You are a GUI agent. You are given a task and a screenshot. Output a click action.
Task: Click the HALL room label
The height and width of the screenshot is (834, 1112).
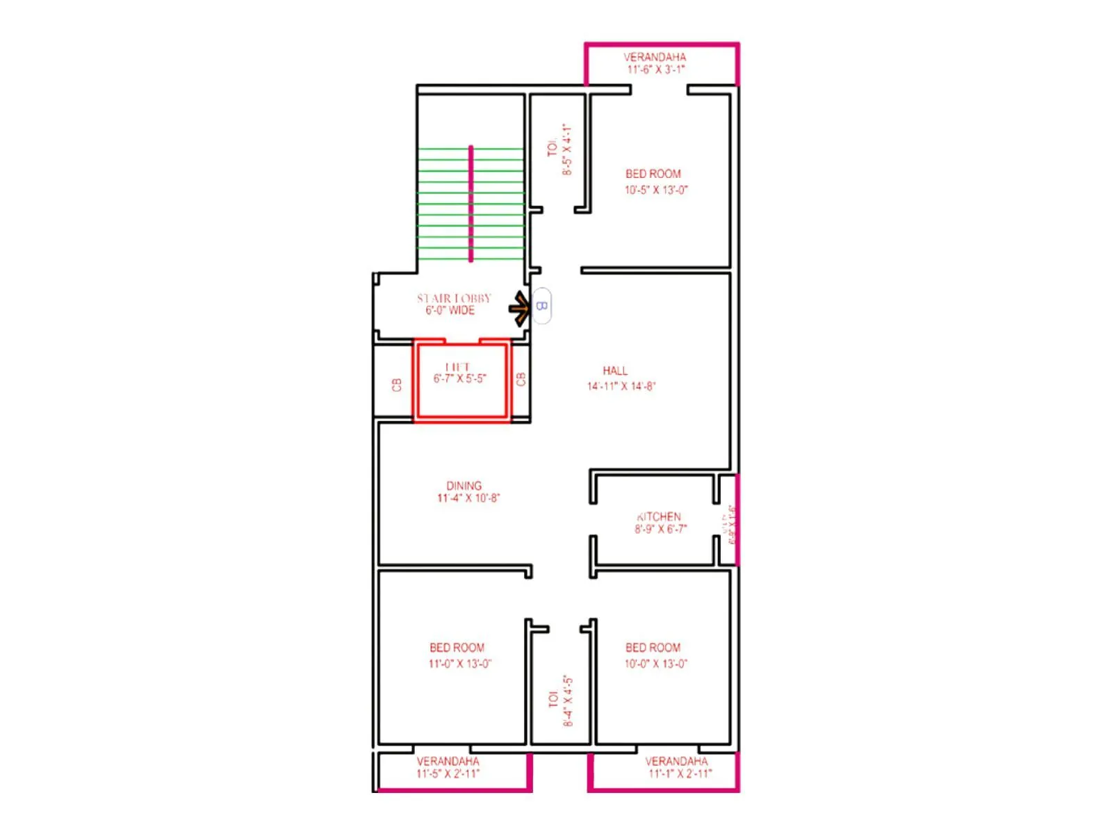click(x=615, y=370)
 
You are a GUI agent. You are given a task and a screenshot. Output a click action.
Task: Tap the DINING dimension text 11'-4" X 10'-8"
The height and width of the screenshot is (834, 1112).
click(x=468, y=498)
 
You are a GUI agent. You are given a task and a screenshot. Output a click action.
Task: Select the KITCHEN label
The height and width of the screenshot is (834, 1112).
click(x=659, y=516)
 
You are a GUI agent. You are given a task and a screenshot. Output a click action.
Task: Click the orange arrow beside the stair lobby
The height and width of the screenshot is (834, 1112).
click(x=520, y=308)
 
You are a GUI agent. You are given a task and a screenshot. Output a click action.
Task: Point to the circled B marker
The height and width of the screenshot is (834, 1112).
click(x=542, y=306)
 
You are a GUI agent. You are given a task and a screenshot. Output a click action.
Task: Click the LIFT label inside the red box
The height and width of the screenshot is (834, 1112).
click(x=458, y=366)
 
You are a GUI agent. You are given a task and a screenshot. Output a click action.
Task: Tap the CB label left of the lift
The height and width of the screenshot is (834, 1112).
click(x=397, y=384)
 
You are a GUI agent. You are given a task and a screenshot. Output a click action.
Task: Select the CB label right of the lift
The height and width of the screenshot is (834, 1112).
click(x=521, y=379)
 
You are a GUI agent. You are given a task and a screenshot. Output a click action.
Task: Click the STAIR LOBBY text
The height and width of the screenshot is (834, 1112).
click(x=454, y=298)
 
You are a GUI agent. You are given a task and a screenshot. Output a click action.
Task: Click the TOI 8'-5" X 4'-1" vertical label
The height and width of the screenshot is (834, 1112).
click(x=560, y=149)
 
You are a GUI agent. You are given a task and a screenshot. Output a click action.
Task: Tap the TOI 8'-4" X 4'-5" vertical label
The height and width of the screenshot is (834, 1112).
click(x=560, y=701)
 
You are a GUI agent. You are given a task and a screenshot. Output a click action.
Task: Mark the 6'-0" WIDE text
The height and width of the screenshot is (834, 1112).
click(x=450, y=311)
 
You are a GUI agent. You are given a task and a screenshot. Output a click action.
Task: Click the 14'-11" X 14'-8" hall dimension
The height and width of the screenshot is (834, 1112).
click(x=621, y=386)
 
